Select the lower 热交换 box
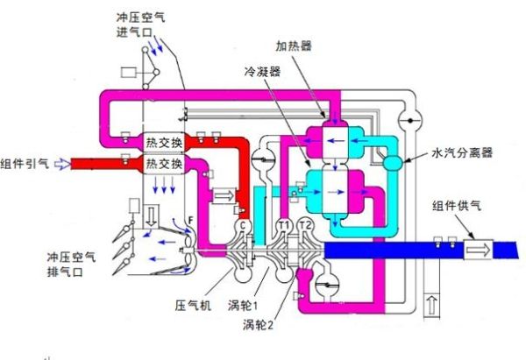click(x=165, y=164)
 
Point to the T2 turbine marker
click(x=305, y=225)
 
